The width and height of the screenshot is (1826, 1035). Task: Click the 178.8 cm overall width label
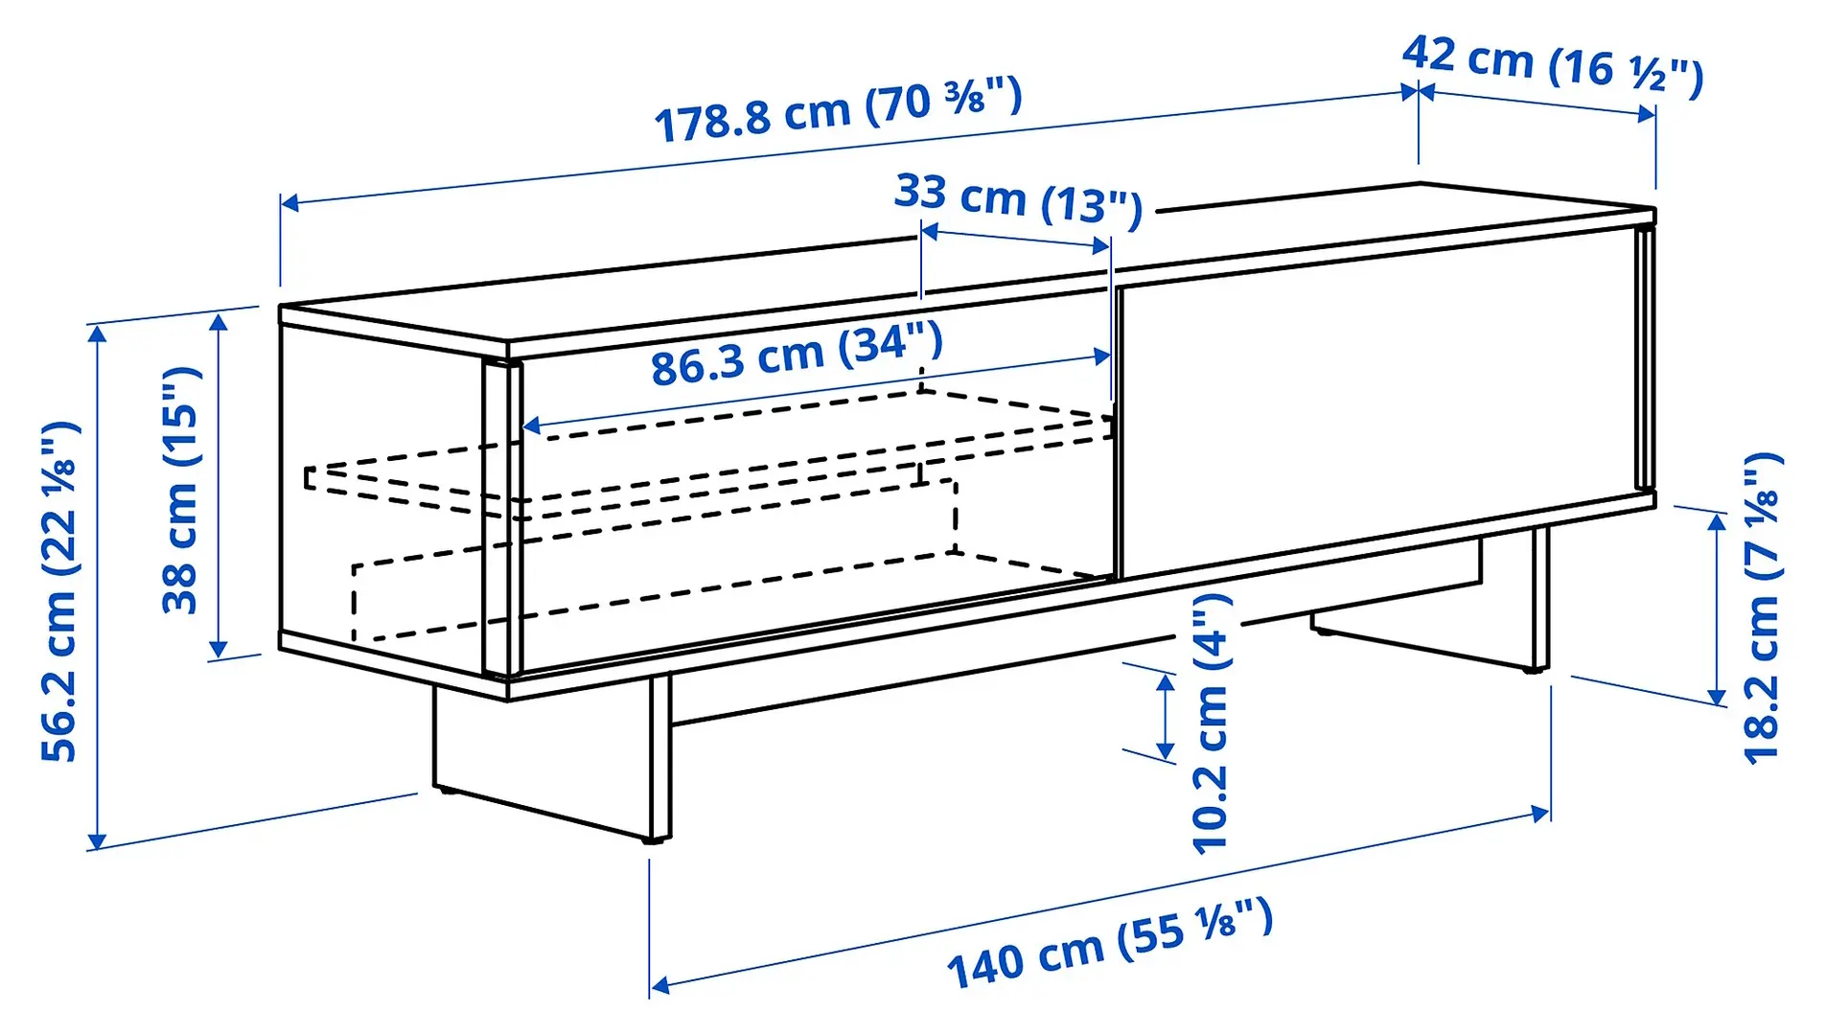838,109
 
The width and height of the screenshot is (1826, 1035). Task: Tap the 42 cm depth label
1552,63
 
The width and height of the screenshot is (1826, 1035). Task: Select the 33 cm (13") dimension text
1018,198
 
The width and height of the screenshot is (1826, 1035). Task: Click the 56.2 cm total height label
59,590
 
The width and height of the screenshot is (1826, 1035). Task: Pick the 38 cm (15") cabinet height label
180,490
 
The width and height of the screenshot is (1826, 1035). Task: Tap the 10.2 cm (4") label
1210,723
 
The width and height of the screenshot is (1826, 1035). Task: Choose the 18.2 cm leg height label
1762,608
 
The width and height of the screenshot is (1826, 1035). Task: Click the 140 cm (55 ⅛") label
1109,945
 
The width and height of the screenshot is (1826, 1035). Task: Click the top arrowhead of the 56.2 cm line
96,332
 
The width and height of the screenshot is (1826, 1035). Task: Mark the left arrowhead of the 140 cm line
658,985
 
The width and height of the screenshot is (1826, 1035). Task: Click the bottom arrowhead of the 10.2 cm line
1166,754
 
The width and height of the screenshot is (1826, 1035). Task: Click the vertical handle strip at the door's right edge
1644,359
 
